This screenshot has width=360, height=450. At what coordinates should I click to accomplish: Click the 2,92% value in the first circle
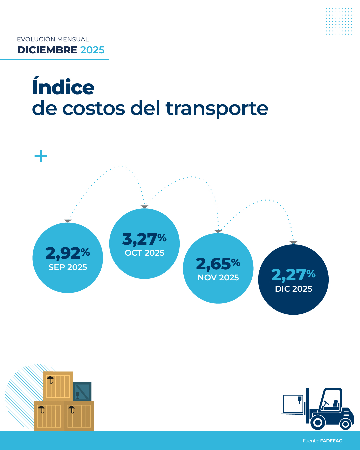click(68, 253)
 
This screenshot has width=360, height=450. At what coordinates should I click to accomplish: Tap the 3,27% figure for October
click(144, 239)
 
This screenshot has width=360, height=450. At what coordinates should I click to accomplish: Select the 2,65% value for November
click(218, 264)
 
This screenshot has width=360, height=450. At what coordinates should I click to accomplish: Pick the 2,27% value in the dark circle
click(293, 275)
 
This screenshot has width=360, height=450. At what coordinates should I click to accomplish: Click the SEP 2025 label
click(68, 267)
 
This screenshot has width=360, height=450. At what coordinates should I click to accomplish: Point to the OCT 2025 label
click(144, 253)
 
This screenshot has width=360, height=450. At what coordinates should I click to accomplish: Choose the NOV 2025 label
click(218, 278)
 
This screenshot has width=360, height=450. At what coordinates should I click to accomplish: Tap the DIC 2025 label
click(293, 289)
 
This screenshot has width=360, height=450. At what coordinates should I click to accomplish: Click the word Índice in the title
click(63, 87)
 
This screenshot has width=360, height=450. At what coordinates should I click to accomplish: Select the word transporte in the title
click(217, 109)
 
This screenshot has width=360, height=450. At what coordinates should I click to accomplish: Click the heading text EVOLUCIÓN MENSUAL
click(53, 39)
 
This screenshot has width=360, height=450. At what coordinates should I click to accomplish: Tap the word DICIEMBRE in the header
click(47, 50)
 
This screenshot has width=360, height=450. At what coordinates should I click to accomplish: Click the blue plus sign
click(41, 156)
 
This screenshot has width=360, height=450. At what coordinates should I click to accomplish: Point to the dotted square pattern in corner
click(339, 21)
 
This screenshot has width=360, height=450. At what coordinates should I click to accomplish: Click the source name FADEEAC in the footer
click(331, 441)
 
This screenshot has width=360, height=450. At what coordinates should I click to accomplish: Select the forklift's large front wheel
click(318, 423)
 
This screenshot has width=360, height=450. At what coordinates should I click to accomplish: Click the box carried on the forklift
click(293, 404)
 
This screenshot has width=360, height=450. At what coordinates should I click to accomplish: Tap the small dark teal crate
click(82, 392)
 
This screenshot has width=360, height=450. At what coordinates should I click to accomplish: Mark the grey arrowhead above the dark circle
click(293, 243)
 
